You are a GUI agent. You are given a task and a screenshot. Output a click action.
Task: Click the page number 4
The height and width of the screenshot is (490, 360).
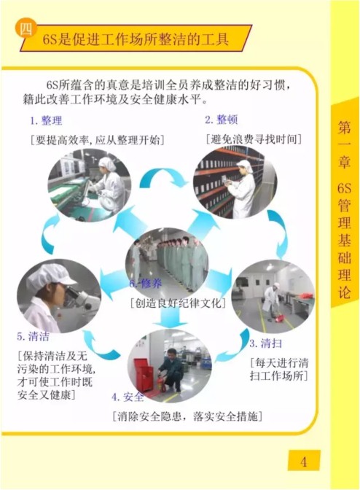point(303,461)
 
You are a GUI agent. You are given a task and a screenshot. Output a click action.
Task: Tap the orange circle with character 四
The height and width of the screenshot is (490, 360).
point(26,29)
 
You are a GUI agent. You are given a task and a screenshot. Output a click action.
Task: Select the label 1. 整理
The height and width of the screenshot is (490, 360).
point(46,120)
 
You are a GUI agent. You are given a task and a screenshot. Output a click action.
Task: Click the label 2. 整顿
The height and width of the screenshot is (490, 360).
point(222,120)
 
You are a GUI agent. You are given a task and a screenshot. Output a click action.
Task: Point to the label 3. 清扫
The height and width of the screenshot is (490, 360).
point(266,343)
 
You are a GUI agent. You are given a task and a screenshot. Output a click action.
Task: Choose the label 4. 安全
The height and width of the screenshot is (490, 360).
point(128,397)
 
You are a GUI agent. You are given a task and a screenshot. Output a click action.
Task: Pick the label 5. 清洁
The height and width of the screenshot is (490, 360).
point(33,336)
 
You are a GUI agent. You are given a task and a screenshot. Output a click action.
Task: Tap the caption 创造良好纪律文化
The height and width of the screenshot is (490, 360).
point(178,303)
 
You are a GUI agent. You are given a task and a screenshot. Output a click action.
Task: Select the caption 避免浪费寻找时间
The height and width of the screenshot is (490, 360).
point(254,139)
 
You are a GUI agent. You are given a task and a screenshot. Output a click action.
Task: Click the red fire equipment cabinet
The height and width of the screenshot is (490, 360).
point(144,373)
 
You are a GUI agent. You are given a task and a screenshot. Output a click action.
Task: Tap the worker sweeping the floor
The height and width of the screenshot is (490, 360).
point(271,300)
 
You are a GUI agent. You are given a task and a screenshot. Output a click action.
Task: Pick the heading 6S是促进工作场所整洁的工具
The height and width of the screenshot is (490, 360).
point(136,39)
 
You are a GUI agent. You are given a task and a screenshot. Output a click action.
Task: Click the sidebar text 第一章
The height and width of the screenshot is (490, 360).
point(344,145)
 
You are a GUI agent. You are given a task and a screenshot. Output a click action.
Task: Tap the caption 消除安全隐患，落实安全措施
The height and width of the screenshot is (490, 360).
point(187,416)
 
